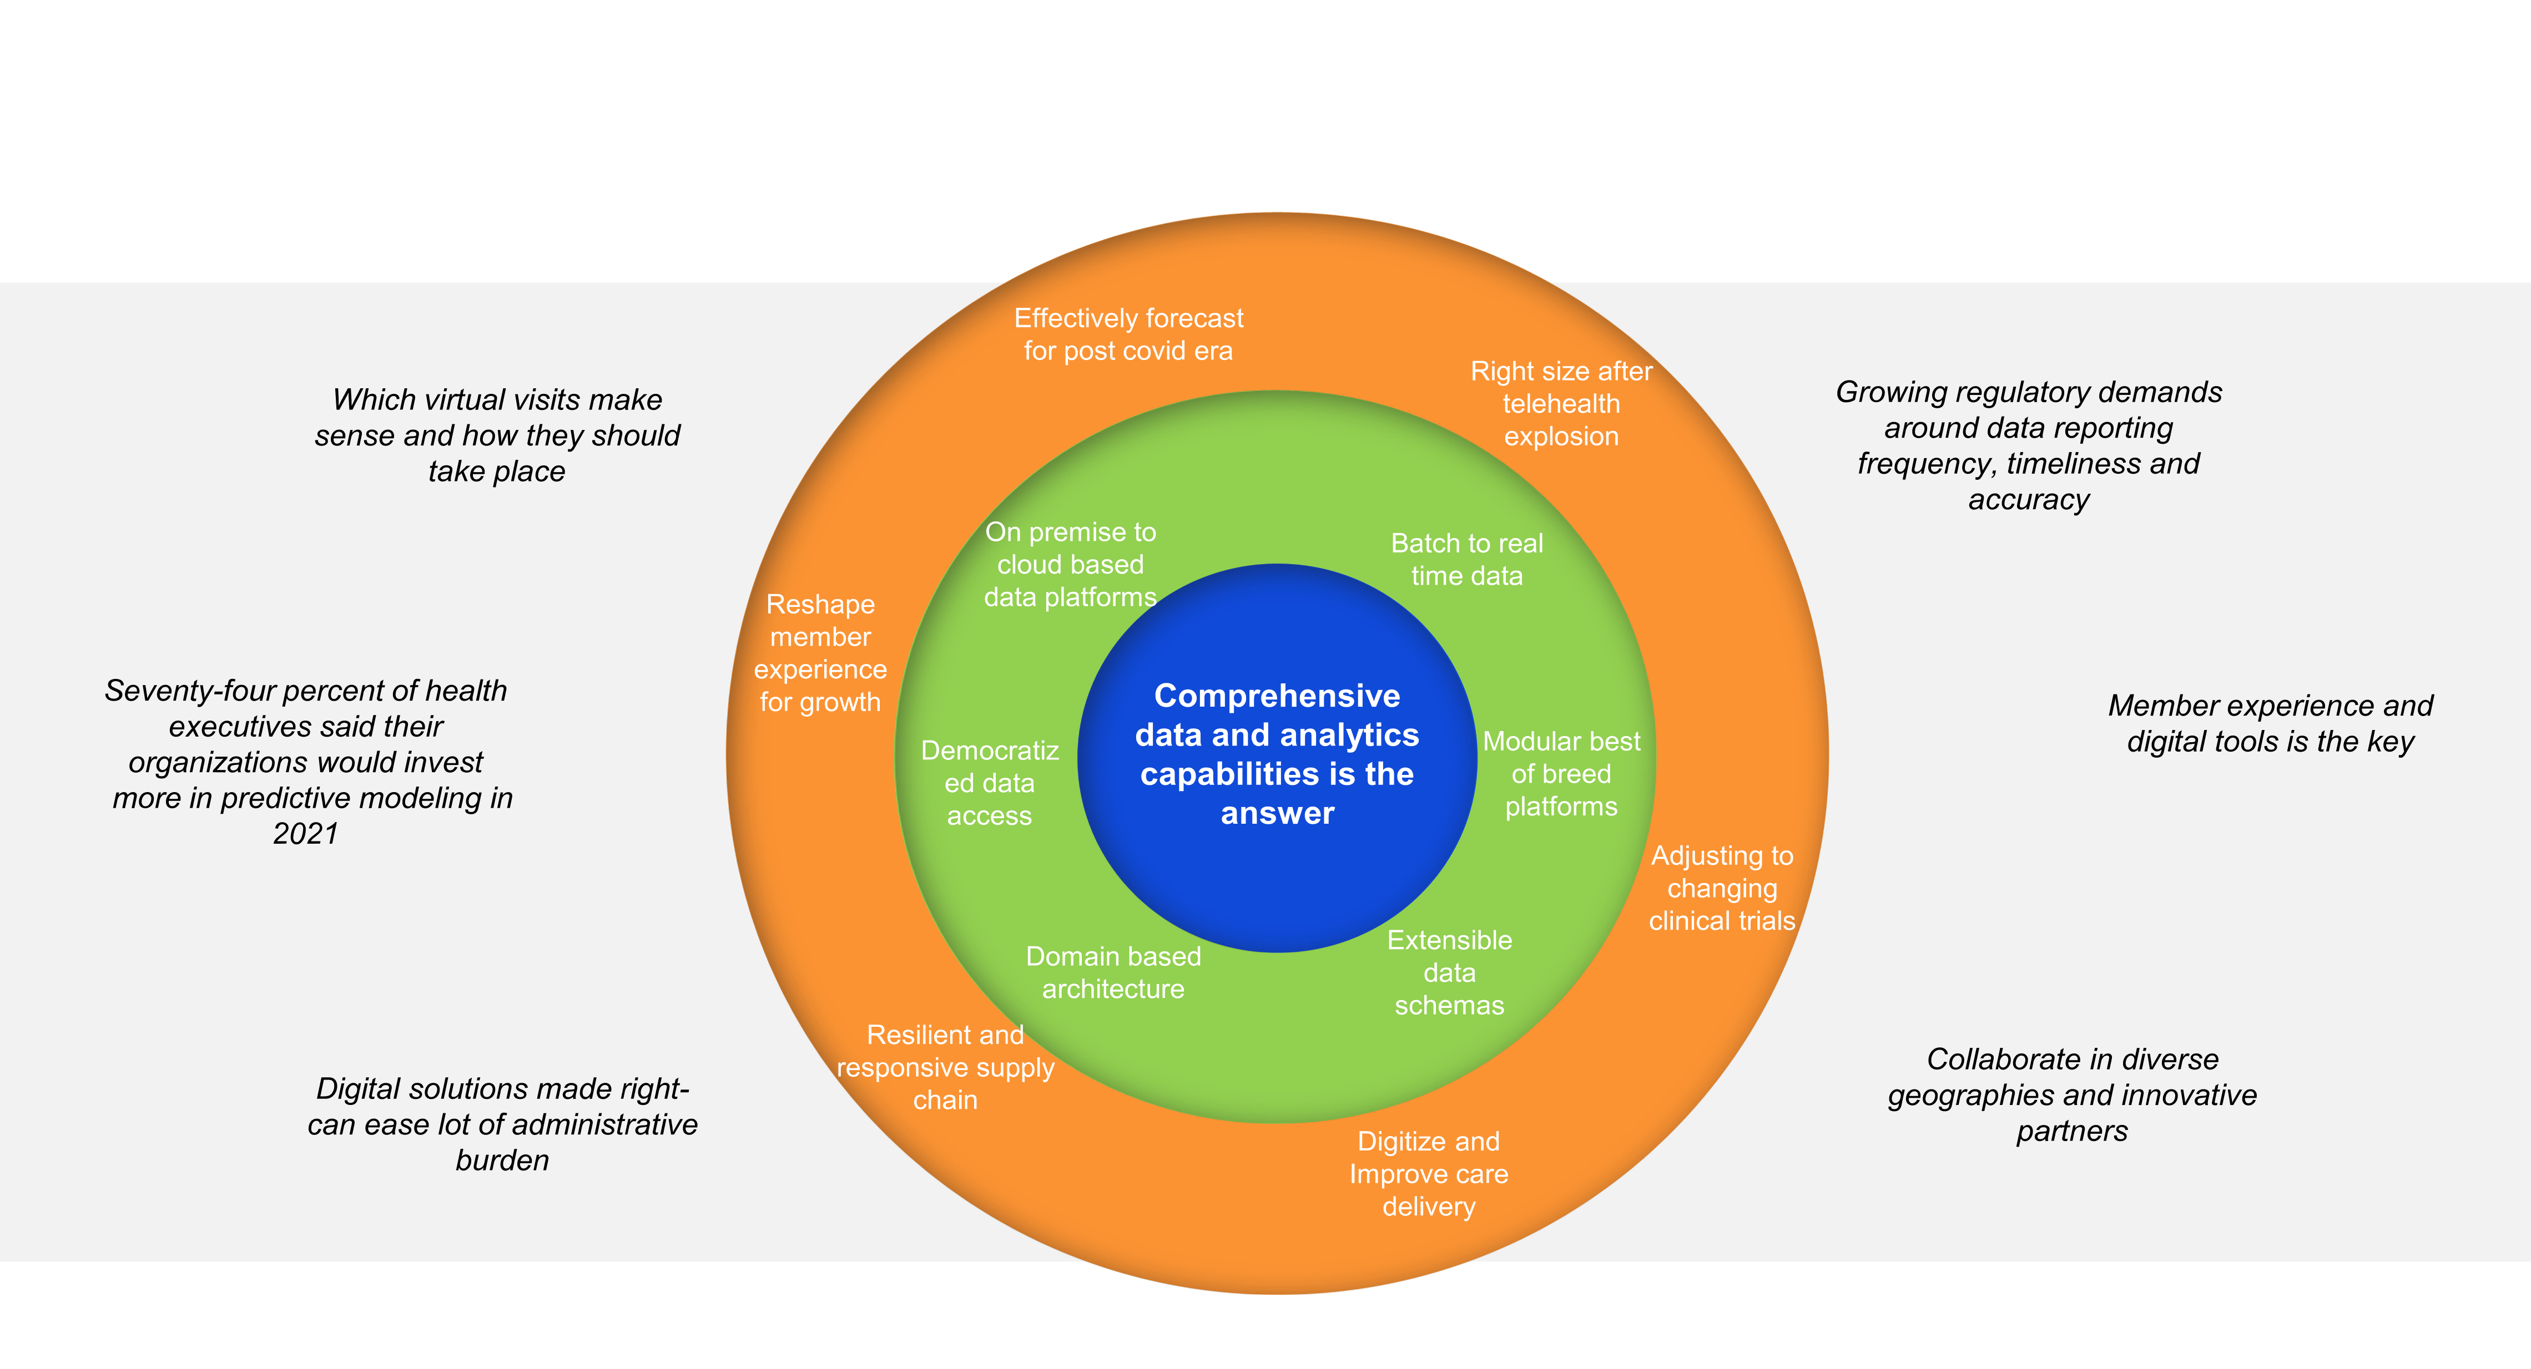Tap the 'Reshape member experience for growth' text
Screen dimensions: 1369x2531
pos(820,652)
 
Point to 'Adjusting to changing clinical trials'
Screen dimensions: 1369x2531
pos(1721,888)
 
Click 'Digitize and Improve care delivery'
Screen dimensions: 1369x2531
pos(1429,1174)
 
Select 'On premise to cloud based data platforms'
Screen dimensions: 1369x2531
pos(1070,565)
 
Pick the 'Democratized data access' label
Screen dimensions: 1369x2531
pos(990,783)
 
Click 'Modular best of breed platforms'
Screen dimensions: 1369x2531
pos(1561,774)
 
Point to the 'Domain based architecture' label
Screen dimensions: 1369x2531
pos(1113,972)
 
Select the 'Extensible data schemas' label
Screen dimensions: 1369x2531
pos(1449,972)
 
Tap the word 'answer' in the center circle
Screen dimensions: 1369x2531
pos(1277,813)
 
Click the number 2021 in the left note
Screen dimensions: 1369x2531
pos(306,834)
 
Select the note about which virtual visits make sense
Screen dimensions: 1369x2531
pos(497,435)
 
